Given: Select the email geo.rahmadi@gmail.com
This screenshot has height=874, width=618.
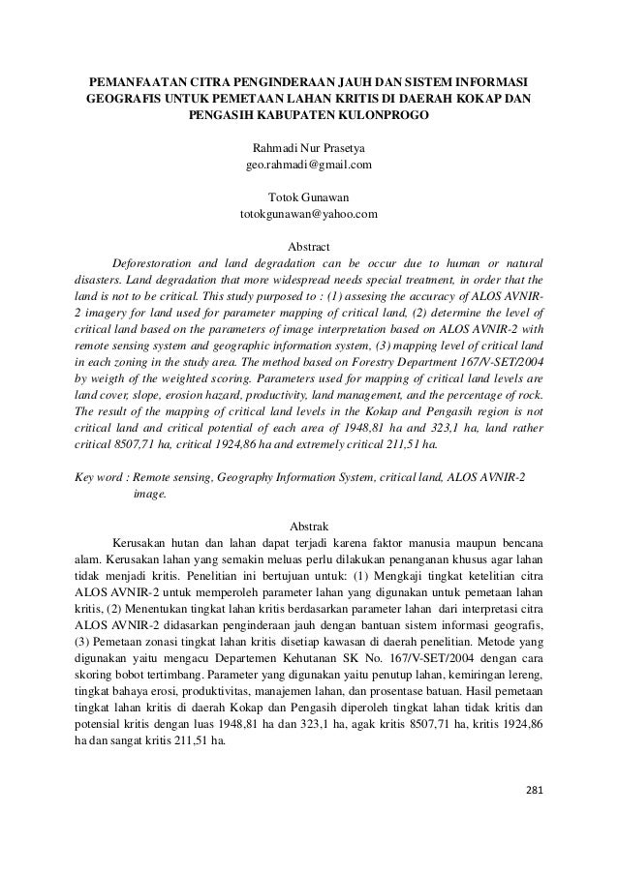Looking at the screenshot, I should coord(309,166).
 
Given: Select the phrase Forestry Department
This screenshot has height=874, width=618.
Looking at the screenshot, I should coord(411,360).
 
